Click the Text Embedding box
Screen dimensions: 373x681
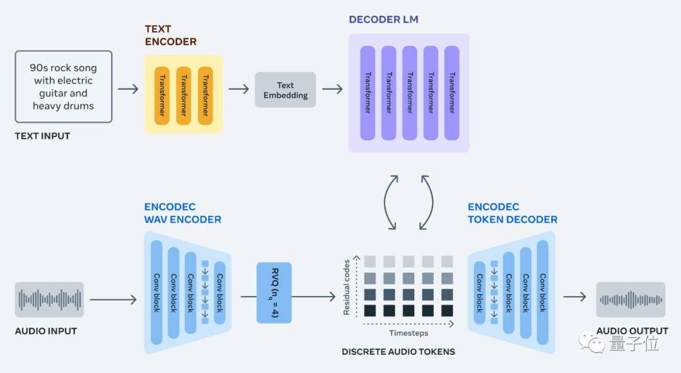(x=285, y=90)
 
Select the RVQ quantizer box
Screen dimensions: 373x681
(x=274, y=292)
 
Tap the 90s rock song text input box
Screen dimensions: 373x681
(x=63, y=87)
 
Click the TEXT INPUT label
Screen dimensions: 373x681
(x=42, y=136)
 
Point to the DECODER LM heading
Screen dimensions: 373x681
(x=383, y=20)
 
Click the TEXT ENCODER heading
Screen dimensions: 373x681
(x=170, y=35)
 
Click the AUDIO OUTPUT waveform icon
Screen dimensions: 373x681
(x=631, y=299)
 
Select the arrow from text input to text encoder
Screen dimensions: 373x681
(x=128, y=89)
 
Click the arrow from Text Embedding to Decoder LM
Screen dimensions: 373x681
(x=332, y=89)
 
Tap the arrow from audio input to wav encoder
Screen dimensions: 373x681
(x=113, y=299)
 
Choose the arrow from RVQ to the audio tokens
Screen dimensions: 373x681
(x=313, y=296)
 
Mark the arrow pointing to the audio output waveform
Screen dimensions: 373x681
(x=575, y=296)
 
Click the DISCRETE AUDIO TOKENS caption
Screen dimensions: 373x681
(x=398, y=352)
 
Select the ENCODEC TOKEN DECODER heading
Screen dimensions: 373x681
(x=512, y=213)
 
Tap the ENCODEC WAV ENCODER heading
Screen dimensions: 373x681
(x=183, y=213)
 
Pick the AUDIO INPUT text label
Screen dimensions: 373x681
(x=45, y=331)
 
